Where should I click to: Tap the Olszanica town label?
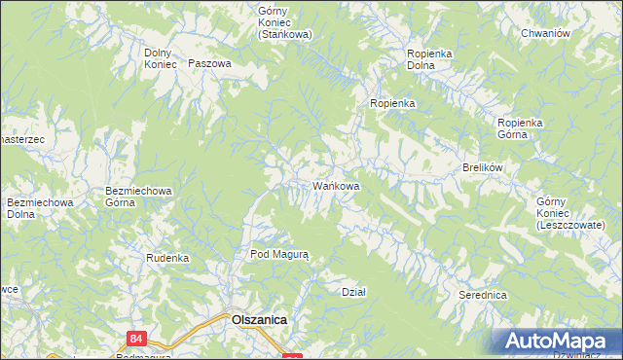click(x=258, y=318)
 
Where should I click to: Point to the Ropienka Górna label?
click(x=526, y=128)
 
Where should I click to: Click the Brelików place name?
click(x=481, y=167)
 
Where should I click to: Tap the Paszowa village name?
click(x=210, y=63)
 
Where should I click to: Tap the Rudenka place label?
click(x=166, y=258)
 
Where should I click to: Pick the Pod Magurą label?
click(x=279, y=254)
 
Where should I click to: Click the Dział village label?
click(x=353, y=292)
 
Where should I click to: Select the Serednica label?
click(x=483, y=294)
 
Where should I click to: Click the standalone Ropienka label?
click(x=392, y=103)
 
